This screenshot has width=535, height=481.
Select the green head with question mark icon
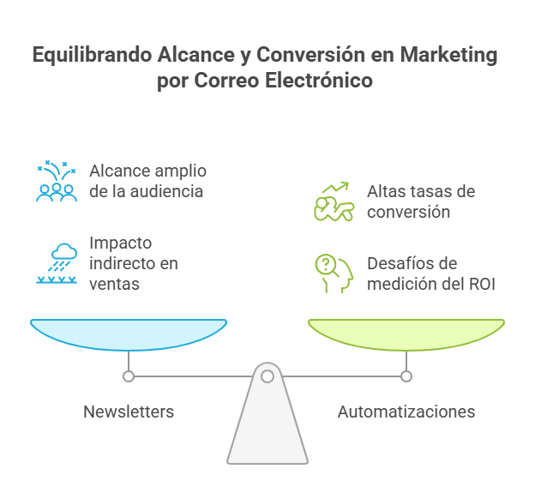[333, 274]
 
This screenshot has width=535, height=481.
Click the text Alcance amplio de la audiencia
[147, 181]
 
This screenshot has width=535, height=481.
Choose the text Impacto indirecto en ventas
[134, 262]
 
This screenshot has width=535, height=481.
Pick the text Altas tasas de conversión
[420, 201]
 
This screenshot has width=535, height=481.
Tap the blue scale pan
[129, 334]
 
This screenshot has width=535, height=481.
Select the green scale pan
[406, 334]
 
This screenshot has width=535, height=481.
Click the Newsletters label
[129, 412]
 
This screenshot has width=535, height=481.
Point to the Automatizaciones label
[406, 412]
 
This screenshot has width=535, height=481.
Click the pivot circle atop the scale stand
[267, 376]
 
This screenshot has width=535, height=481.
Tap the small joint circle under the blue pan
[129, 376]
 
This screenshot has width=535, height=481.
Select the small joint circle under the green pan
[406, 376]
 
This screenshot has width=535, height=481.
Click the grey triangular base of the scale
[267, 429]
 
